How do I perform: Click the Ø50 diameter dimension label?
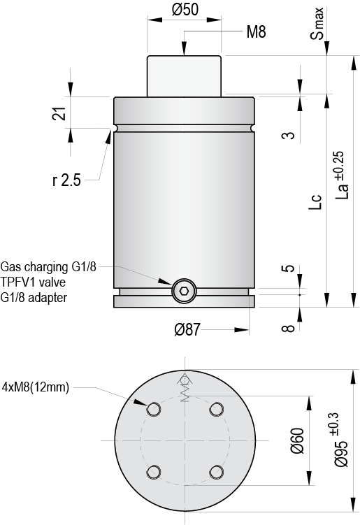[185, 9]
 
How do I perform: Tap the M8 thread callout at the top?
[256, 32]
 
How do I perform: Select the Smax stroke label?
[317, 23]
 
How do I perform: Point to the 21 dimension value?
[59, 114]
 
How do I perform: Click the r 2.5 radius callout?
[66, 180]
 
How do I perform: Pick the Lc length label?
[315, 202]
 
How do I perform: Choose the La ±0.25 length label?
[341, 175]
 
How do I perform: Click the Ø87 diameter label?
[187, 330]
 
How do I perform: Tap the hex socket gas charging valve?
[184, 291]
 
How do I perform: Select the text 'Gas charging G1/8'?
[48, 267]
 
